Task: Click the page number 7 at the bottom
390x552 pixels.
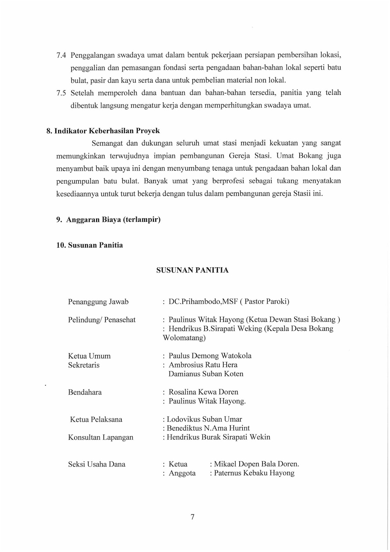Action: coord(192,516)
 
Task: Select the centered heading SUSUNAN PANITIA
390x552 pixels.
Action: coord(192,270)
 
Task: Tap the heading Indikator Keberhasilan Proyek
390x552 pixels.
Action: coord(107,131)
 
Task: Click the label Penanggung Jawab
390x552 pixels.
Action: coord(98,302)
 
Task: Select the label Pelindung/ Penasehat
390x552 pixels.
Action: coord(102,320)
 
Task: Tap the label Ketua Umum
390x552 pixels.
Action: coord(89,356)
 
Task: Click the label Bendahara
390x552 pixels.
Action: coord(85,392)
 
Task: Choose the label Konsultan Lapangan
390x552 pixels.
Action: coord(101,437)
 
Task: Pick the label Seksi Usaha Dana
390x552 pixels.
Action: coord(97,464)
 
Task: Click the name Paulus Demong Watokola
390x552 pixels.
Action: coord(210,356)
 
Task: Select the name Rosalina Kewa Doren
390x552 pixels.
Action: coord(203,392)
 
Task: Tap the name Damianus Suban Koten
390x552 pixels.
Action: coord(206,374)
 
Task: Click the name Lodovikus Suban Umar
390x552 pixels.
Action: coord(204,420)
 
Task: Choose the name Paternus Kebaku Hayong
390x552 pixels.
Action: coord(254,473)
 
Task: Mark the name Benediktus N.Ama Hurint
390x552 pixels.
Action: coord(208,428)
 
